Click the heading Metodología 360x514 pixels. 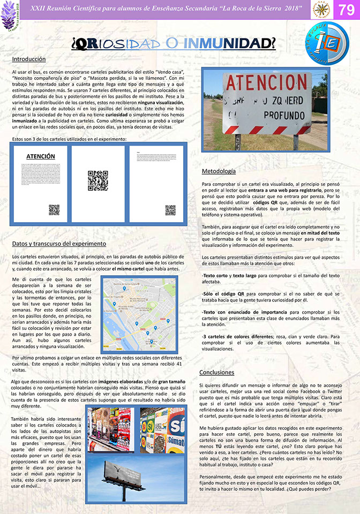(x=218, y=171)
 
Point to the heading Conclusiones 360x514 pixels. (x=216, y=372)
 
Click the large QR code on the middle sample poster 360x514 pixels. (x=98, y=180)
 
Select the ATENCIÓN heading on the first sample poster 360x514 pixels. (x=40, y=156)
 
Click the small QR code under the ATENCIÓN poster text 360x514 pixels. (x=54, y=209)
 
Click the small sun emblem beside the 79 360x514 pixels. (x=320, y=10)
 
